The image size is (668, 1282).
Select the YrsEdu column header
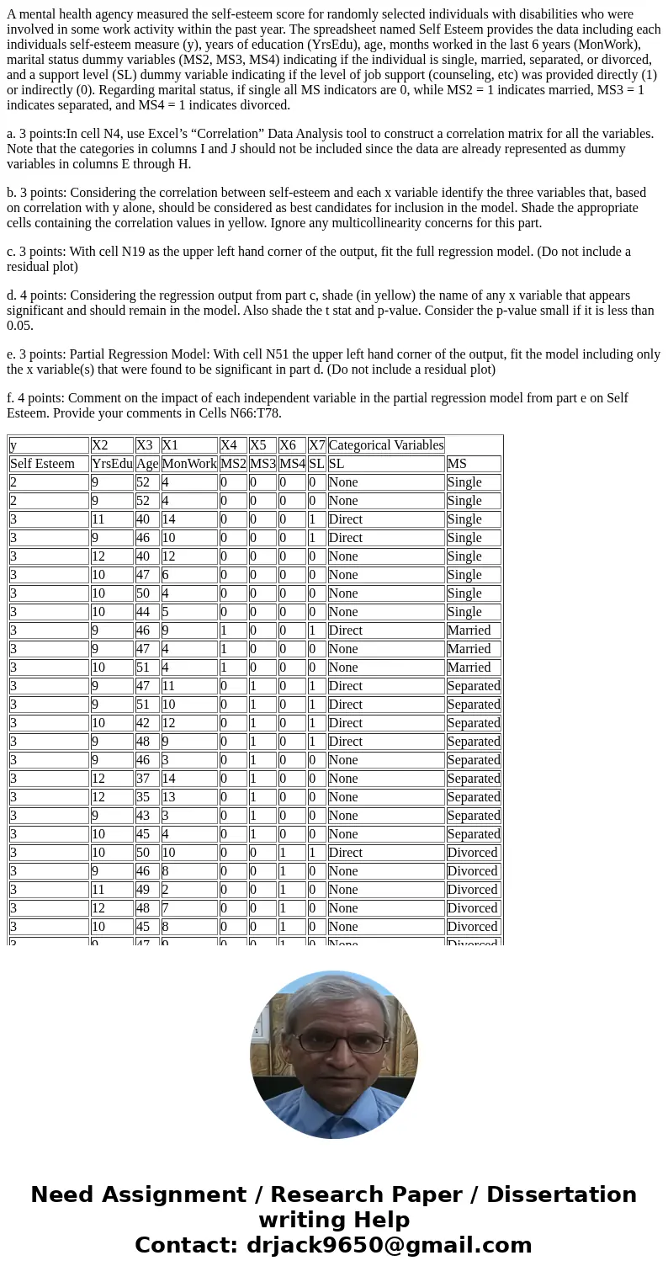tap(112, 464)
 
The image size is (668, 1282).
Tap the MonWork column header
tap(189, 464)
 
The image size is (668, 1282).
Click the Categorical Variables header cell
tap(386, 445)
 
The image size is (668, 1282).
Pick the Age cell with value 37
tap(146, 779)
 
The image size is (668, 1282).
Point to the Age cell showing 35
tap(146, 797)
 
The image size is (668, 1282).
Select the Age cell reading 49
tap(146, 890)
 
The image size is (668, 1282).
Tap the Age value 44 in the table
tap(146, 612)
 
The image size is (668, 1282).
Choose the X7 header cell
tap(316, 445)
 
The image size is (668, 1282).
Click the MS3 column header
tap(262, 464)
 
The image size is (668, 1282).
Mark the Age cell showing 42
tap(146, 723)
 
